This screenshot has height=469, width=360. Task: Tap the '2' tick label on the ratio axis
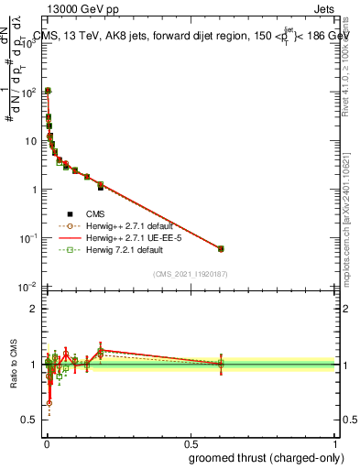pos(33,309)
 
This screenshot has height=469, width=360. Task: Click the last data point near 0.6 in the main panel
pos(221,248)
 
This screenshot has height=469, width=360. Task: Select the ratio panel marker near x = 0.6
pos(221,365)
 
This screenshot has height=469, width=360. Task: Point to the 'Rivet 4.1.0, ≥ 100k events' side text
pos(347,69)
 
